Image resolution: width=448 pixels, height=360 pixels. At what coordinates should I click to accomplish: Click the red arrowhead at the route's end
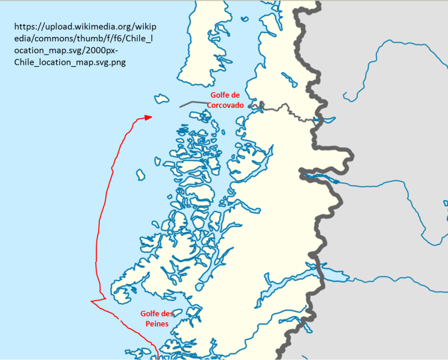pos(148,117)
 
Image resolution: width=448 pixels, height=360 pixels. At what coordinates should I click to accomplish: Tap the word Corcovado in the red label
pos(225,105)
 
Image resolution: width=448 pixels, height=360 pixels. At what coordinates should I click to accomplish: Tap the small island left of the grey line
pos(161,98)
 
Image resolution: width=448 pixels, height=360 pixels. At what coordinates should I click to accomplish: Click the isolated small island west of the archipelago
pos(140,175)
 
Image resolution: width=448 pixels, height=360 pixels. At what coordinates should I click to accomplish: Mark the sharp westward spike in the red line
pos(93,301)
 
